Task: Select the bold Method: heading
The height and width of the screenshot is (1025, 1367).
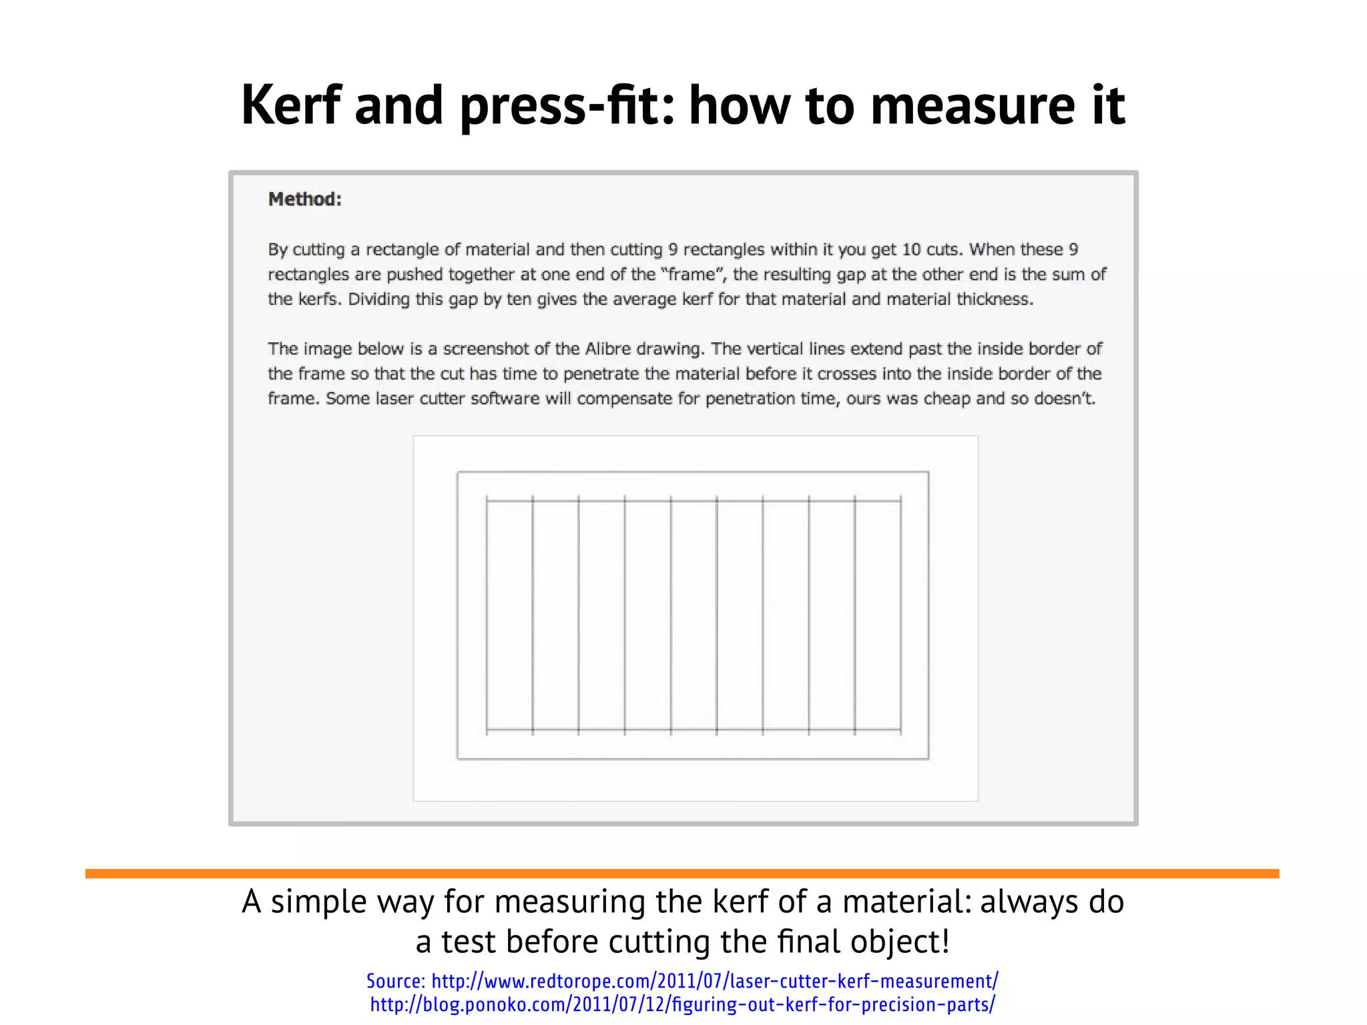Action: (x=305, y=199)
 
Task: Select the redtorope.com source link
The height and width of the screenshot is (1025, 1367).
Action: (x=714, y=981)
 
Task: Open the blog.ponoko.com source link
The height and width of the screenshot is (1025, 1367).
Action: (x=683, y=1004)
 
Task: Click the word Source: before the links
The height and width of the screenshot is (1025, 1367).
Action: (x=396, y=981)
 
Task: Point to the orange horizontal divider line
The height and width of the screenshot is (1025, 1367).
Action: (x=682, y=874)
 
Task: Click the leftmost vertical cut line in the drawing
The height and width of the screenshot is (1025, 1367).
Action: (x=487, y=614)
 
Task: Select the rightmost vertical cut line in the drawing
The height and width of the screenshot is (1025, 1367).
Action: (x=901, y=614)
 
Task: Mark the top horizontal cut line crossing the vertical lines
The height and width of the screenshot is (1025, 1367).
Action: (x=694, y=500)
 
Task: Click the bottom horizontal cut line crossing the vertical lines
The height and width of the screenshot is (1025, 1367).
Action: (x=694, y=729)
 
